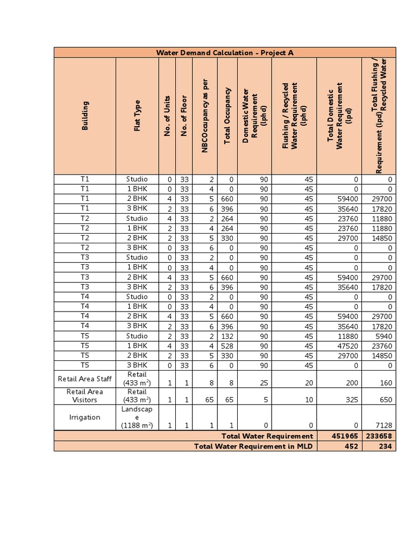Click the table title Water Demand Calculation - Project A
(x=225, y=53)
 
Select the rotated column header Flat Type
(x=137, y=115)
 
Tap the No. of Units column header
(x=167, y=115)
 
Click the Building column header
(x=85, y=115)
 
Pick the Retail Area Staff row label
(x=85, y=379)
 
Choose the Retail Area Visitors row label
(x=85, y=396)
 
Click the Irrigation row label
(x=85, y=417)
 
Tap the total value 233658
(x=379, y=436)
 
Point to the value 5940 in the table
(x=383, y=336)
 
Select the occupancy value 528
(x=227, y=346)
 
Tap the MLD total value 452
(x=351, y=446)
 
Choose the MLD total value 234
(x=386, y=446)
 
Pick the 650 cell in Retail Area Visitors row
(x=386, y=400)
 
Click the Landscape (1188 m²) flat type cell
(x=137, y=417)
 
